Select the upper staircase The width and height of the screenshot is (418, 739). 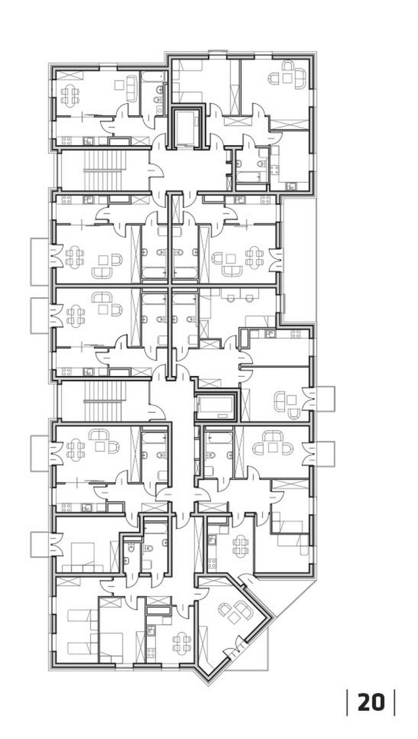point(105,170)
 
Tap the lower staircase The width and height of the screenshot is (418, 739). point(105,401)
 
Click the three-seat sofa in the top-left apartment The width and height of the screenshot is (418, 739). point(131,88)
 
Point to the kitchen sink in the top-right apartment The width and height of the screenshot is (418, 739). point(291,186)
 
